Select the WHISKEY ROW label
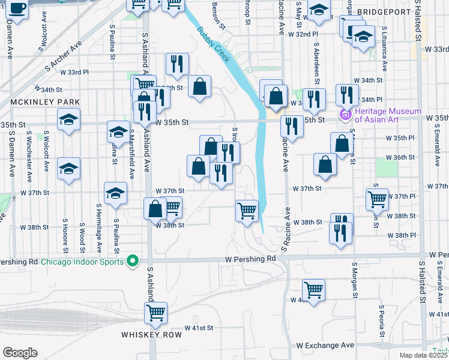(x=151, y=334)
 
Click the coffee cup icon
(x=17, y=9)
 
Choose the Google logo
(x=20, y=353)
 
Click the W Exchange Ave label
(x=325, y=346)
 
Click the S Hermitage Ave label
(x=99, y=227)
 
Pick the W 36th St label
(x=400, y=157)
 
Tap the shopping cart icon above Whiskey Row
(x=155, y=311)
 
